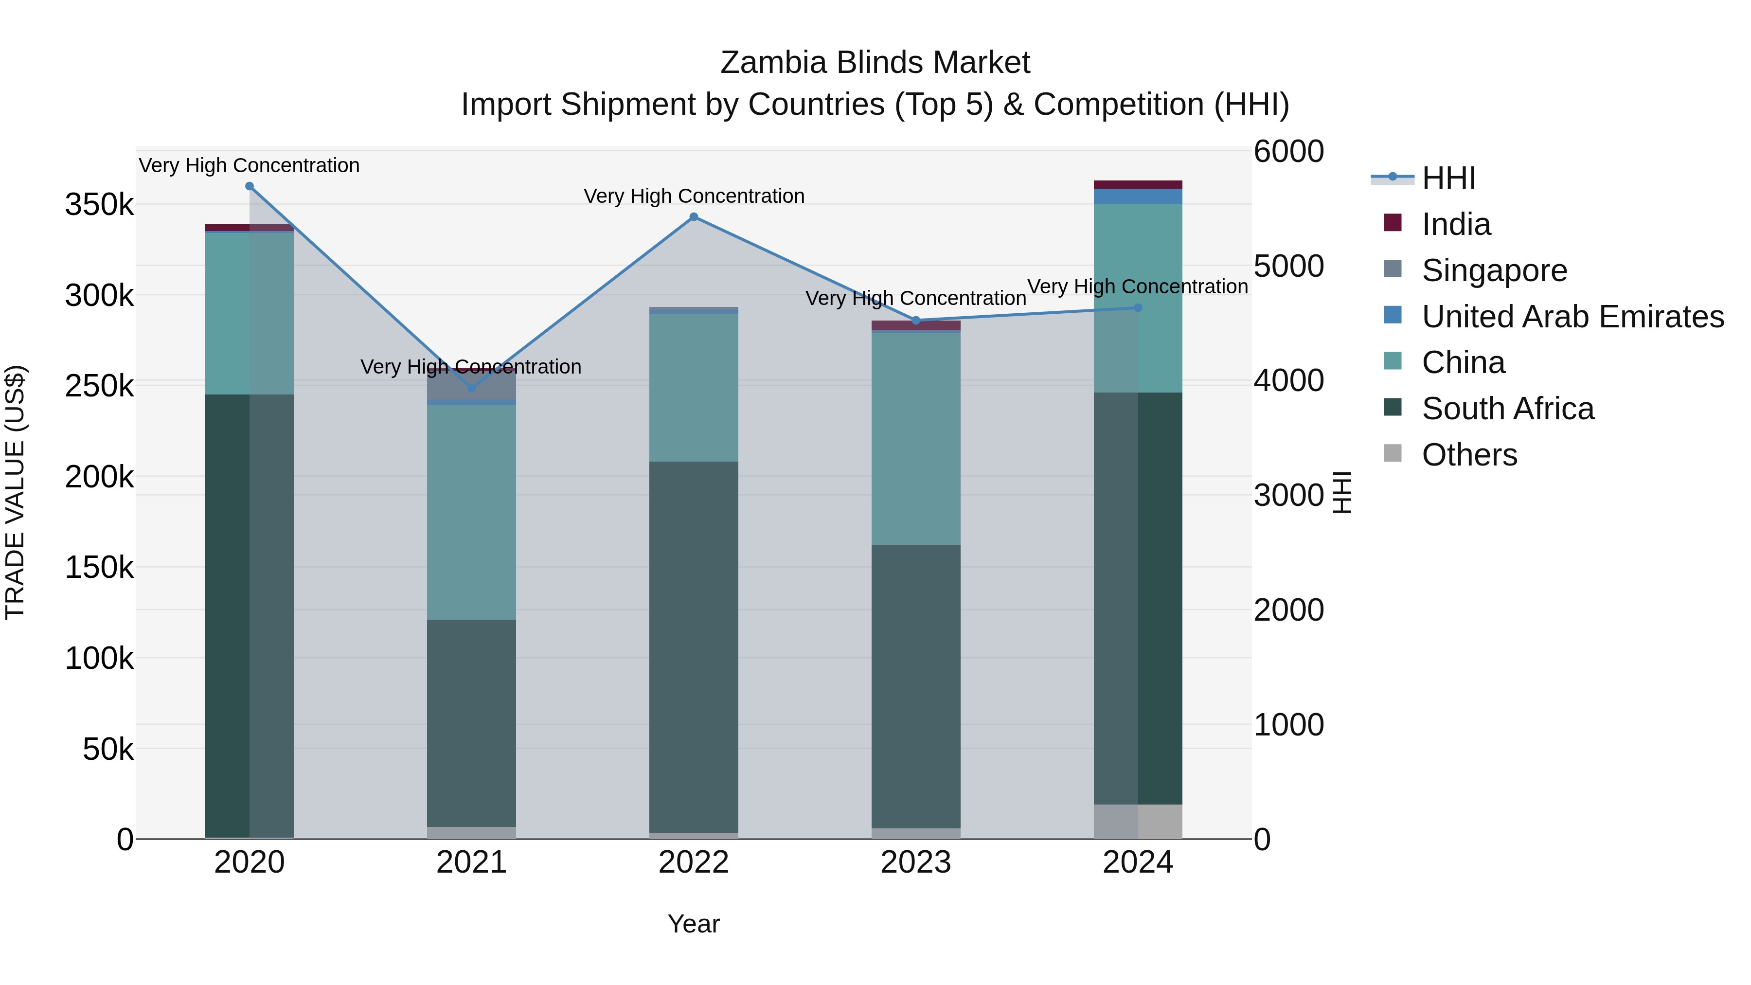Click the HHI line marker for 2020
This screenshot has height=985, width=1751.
pos(250,186)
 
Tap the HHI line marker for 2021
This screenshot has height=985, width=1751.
pos(472,388)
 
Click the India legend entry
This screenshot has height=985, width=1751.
pos(1455,224)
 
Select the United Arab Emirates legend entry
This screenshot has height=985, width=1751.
pos(1572,317)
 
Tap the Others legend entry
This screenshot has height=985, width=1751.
pos(1468,455)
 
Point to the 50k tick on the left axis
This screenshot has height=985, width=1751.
pos(108,749)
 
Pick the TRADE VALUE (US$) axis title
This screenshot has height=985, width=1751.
pos(16,492)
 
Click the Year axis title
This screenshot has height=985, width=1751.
pos(693,924)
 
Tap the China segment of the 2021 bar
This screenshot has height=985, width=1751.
pos(472,511)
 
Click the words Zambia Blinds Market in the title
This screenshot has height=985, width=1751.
pos(875,63)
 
